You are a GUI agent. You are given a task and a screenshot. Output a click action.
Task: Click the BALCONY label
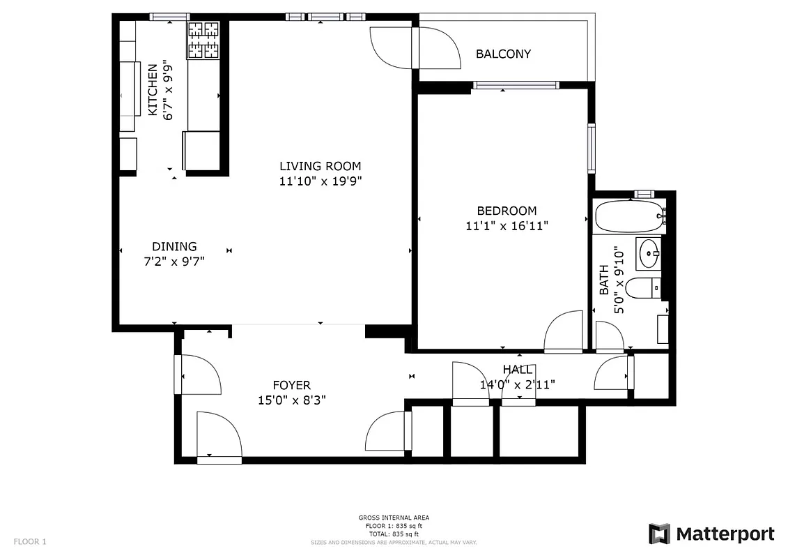pyautogui.click(x=503, y=54)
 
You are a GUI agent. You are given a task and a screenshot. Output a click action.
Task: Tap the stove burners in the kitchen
pyautogui.click(x=203, y=40)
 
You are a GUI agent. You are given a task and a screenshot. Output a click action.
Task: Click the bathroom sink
pyautogui.click(x=649, y=252)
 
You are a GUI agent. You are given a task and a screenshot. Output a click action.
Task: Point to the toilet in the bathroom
pyautogui.click(x=642, y=287)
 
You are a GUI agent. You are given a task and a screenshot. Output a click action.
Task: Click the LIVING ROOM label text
pyautogui.click(x=320, y=166)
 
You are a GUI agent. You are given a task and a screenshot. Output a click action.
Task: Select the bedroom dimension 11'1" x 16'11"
pyautogui.click(x=507, y=225)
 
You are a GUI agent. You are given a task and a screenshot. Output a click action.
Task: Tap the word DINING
pyautogui.click(x=174, y=246)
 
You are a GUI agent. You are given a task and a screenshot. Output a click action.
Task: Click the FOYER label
pyautogui.click(x=291, y=385)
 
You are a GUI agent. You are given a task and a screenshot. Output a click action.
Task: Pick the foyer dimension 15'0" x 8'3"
pyautogui.click(x=291, y=400)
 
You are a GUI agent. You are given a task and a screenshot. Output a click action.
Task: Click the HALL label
pyautogui.click(x=518, y=370)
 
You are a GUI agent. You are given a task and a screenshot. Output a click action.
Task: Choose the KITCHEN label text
pyautogui.click(x=153, y=90)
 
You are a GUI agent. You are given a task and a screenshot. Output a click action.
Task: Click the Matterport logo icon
pyautogui.click(x=659, y=534)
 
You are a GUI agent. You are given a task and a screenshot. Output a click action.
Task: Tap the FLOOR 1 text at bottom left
pyautogui.click(x=30, y=541)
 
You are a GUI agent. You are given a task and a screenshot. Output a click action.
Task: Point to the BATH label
pyautogui.click(x=603, y=279)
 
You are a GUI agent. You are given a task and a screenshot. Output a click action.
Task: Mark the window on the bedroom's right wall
pyautogui.click(x=592, y=147)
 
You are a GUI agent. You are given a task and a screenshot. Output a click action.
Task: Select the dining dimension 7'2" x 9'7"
pyautogui.click(x=174, y=262)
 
